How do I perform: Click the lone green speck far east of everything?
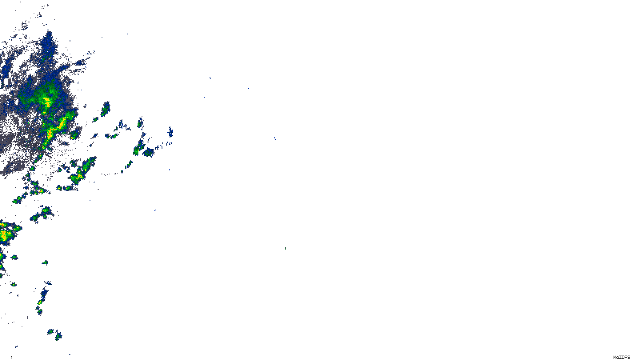(285, 248)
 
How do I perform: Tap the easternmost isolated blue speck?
(275, 138)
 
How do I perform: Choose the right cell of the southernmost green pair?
(58, 336)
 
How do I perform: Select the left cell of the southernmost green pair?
(50, 332)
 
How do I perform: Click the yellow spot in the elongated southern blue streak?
(40, 302)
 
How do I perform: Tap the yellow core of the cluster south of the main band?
(79, 176)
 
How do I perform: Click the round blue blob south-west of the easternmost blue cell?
(149, 152)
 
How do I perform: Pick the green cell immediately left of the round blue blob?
(138, 149)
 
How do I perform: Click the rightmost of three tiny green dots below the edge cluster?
(45, 262)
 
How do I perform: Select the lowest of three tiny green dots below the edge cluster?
(14, 284)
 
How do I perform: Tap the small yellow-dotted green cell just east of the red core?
(74, 135)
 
